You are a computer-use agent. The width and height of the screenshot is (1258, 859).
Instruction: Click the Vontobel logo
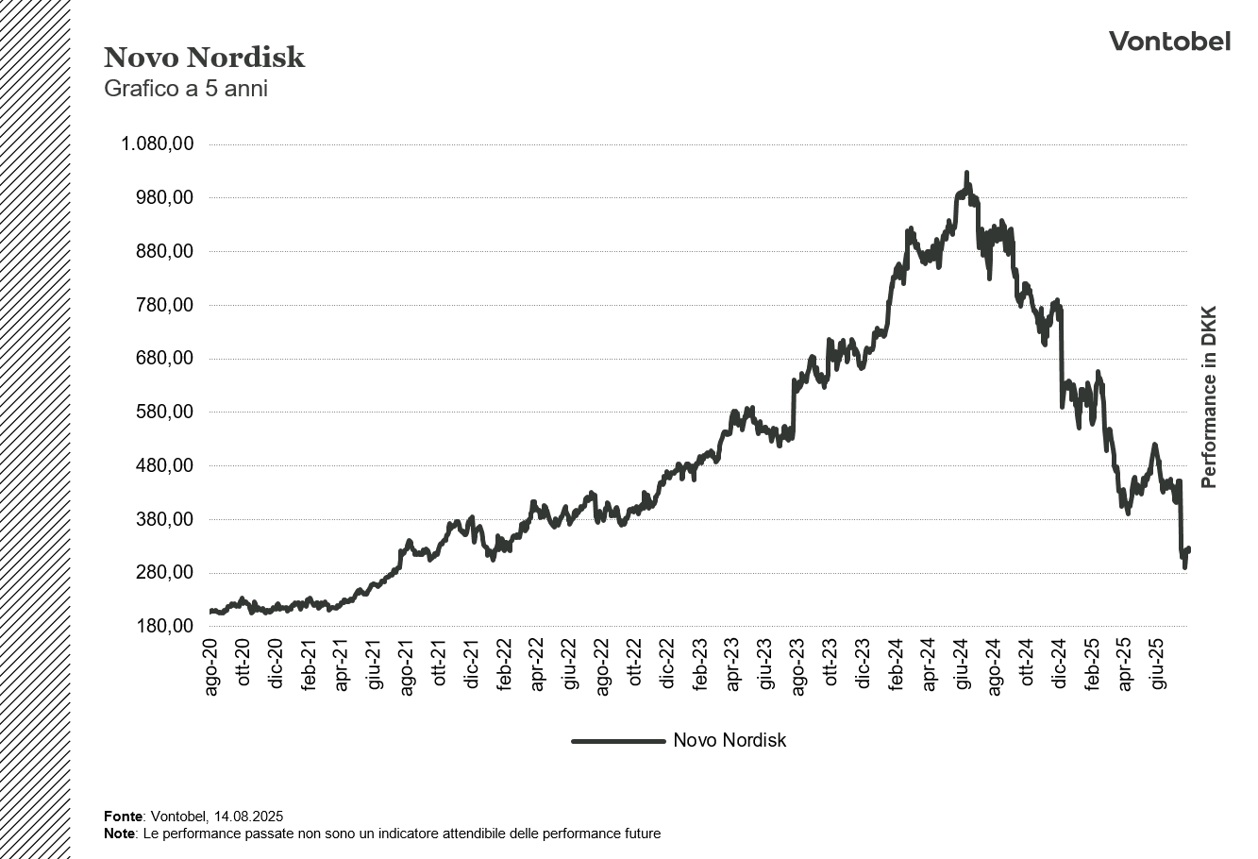[1169, 41]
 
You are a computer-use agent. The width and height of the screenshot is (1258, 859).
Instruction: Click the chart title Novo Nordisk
[204, 58]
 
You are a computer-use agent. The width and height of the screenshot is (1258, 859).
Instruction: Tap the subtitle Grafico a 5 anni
[186, 90]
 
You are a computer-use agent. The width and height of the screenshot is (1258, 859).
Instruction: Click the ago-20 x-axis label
[211, 668]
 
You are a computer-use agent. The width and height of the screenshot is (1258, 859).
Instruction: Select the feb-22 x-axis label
[505, 668]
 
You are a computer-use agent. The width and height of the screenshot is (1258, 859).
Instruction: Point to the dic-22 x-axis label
[667, 668]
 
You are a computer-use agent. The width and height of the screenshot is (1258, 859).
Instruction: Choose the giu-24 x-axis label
[962, 668]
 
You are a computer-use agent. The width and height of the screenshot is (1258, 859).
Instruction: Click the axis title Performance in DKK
[1209, 396]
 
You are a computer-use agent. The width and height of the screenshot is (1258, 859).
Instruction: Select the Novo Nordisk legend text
[729, 741]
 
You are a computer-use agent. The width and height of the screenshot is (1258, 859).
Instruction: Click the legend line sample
[618, 741]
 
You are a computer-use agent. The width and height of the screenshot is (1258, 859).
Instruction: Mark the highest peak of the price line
[965, 174]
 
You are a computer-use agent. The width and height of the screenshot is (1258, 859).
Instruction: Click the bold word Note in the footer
[120, 834]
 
